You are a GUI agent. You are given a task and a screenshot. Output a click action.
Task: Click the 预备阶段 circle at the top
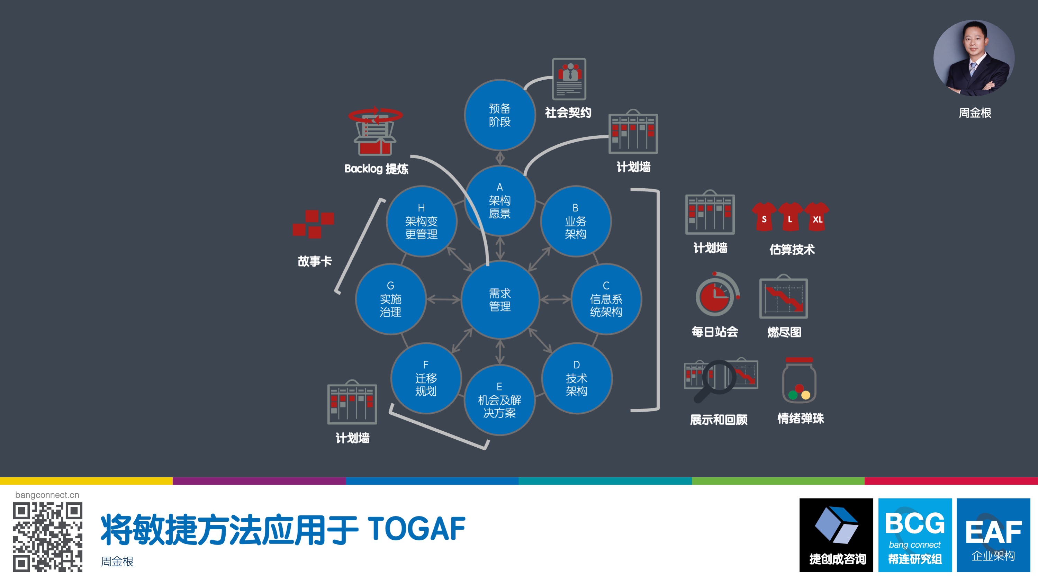500,115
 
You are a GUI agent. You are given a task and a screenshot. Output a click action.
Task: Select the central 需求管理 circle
500,299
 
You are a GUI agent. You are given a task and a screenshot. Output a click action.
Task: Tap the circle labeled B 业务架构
575,221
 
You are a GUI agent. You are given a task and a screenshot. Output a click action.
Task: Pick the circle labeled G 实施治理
390,299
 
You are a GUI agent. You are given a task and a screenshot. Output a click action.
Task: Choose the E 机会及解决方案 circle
500,400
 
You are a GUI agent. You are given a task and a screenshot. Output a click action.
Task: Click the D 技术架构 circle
577,378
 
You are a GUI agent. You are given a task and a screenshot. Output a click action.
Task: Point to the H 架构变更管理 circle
422,221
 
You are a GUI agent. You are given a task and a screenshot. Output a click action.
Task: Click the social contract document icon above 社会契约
569,79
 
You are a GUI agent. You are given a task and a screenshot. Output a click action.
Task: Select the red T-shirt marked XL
817,216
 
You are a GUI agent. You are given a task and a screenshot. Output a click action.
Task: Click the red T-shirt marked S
764,216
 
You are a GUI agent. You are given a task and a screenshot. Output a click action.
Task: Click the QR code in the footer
47,537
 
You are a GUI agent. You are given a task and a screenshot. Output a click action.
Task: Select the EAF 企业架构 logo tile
993,535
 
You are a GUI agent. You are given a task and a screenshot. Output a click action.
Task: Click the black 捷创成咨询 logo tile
836,535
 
